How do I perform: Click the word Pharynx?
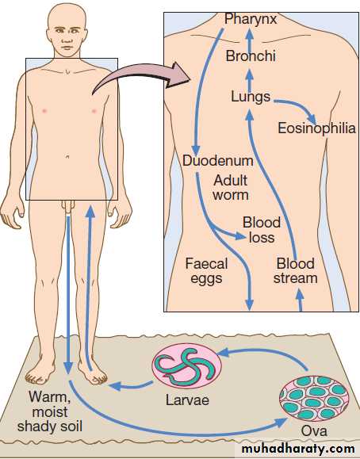coord(251,20)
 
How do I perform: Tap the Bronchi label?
coord(251,56)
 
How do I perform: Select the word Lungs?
coord(251,98)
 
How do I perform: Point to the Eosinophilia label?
coord(316,128)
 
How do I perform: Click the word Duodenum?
coord(218,161)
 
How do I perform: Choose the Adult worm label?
coord(231,188)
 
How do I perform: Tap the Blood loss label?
coord(262,230)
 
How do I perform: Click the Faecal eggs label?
coord(206,271)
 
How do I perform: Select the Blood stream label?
coord(296,271)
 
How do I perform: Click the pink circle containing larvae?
coord(186,366)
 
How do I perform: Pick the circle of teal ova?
coord(314,398)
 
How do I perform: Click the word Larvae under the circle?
coord(187,400)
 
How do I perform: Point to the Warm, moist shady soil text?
coord(50,411)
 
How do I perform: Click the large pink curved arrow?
coord(140,77)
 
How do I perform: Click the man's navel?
coord(67,157)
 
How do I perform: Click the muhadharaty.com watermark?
coord(298,449)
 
